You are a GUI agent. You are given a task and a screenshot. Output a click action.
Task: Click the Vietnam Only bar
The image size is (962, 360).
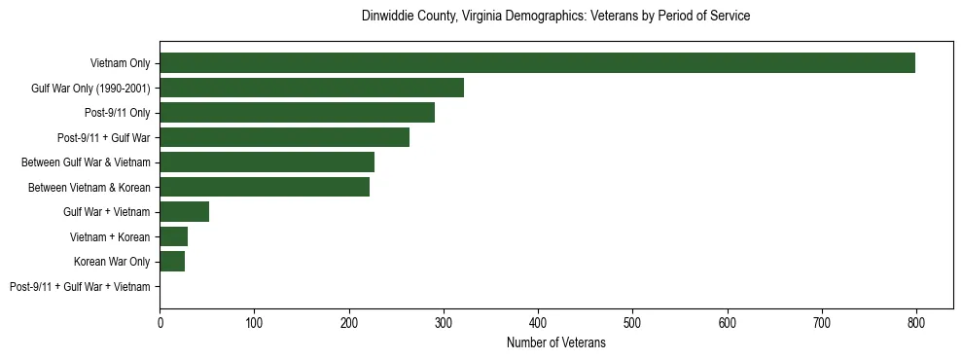[x=537, y=63]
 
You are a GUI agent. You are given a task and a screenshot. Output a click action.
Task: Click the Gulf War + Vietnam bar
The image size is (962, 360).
[x=184, y=212]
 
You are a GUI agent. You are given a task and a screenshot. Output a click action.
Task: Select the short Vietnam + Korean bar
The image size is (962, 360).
[x=173, y=236]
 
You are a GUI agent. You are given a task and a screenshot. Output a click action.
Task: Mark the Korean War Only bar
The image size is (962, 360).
[x=172, y=261]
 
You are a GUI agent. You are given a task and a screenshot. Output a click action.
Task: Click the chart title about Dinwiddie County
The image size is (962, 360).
[x=555, y=17]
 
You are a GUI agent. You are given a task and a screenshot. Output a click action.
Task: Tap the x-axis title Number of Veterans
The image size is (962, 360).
[x=555, y=342]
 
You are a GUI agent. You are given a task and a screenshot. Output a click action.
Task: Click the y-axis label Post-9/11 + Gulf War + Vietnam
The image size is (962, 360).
[x=80, y=286]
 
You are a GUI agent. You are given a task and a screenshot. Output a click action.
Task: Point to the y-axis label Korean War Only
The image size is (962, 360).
[x=112, y=262]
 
